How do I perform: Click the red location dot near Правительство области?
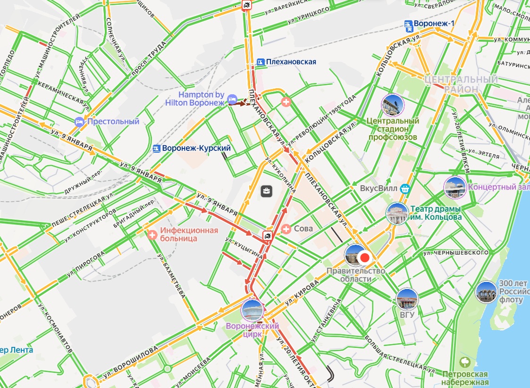[364, 257]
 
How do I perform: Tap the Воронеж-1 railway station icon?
[408, 24]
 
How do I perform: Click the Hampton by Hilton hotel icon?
[232, 99]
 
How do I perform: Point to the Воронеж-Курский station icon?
[157, 149]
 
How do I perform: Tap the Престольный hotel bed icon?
[79, 122]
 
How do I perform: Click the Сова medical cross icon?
[286, 229]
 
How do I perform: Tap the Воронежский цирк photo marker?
[252, 311]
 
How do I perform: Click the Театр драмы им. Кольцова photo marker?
[396, 214]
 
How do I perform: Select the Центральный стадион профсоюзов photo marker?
[393, 105]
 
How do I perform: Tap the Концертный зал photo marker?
[455, 187]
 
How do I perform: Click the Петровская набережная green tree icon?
[465, 362]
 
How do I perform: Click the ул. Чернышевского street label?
[455, 253]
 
